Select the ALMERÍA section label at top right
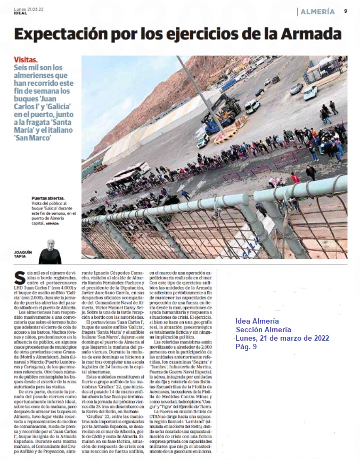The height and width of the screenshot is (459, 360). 317,11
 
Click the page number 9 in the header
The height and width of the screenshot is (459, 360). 346,11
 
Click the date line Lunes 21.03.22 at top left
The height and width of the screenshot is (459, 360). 29,8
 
